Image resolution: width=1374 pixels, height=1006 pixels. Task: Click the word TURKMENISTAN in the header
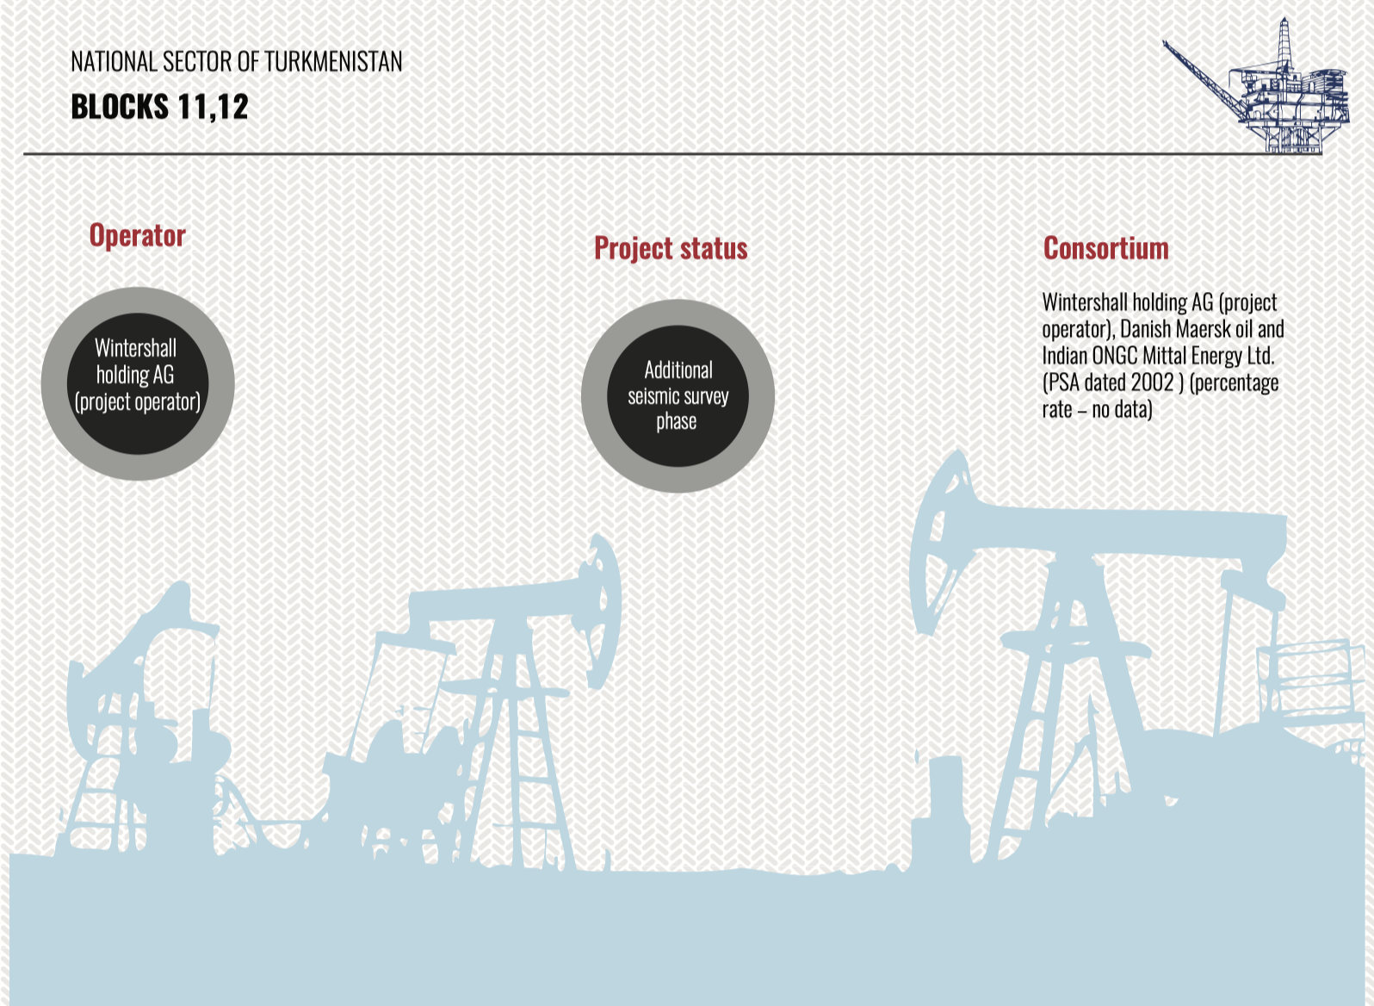(x=333, y=62)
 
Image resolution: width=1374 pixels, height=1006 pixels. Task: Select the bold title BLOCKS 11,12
(x=159, y=107)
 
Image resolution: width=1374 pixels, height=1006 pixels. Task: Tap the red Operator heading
(x=138, y=236)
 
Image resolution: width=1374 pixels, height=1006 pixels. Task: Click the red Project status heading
(x=671, y=249)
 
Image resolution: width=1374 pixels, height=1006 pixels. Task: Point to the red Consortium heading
(x=1106, y=249)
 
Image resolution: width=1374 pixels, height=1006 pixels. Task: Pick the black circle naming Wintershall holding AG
(x=138, y=383)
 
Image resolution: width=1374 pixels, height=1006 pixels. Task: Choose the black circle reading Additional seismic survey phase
(x=678, y=396)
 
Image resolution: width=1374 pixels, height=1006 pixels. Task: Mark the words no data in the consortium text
(x=1122, y=410)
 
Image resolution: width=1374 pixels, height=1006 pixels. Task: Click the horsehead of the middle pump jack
(x=600, y=611)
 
